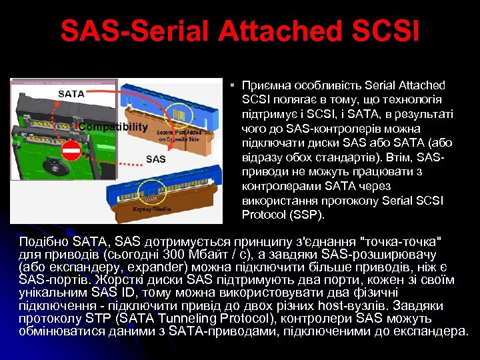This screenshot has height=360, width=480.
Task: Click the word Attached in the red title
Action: point(253,31)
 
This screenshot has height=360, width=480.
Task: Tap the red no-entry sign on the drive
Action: point(71,151)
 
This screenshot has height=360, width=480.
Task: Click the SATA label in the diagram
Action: point(71,94)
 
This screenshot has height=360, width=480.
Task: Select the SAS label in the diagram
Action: point(155,159)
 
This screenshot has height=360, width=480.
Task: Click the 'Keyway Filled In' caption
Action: point(152,209)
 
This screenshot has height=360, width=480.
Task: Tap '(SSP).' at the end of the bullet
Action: point(307,215)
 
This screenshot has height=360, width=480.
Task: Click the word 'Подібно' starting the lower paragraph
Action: point(43,240)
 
